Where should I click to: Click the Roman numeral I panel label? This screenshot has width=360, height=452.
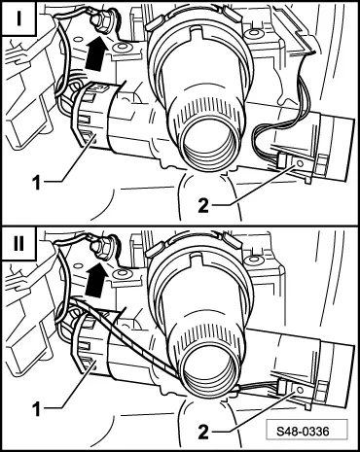(x=18, y=18)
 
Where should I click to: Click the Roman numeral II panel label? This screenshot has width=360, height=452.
(x=18, y=243)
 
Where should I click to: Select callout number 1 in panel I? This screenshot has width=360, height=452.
(x=37, y=183)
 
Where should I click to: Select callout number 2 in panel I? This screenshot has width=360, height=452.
(x=203, y=205)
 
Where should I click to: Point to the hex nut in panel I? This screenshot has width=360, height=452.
(x=102, y=23)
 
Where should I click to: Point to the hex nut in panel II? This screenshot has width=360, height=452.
(x=102, y=248)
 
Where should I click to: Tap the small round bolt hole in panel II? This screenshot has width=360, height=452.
(x=123, y=273)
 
